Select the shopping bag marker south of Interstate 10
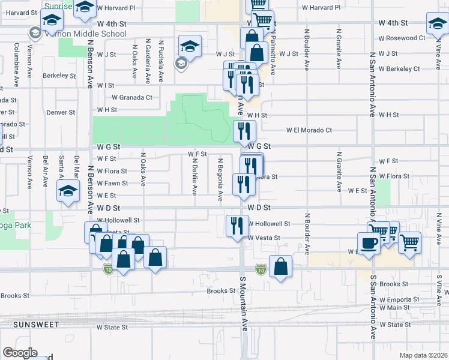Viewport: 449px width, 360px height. (x=280, y=266)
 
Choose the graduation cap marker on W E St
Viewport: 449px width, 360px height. (x=68, y=193)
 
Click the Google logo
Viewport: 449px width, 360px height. (x=20, y=353)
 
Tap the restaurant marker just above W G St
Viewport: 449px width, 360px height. (x=244, y=130)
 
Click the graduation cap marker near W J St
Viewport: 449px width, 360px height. (x=190, y=46)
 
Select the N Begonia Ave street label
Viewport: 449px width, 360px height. (x=220, y=179)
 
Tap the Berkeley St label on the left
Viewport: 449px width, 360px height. (x=59, y=76)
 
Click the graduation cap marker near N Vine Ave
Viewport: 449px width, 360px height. (x=437, y=24)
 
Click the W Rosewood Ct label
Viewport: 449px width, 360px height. (x=402, y=38)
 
